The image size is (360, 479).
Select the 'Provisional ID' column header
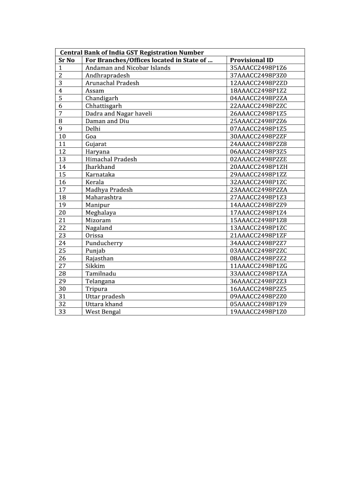pos(252,60)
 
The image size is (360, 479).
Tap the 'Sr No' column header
pos(67,60)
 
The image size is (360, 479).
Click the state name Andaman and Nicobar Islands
pos(128,68)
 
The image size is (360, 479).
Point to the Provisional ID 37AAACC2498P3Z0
pos(258,75)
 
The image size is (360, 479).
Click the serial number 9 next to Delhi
pos(61,129)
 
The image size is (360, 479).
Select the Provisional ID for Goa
pos(258,136)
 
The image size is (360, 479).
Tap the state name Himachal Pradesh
pos(111,159)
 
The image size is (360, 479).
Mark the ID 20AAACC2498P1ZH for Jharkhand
pos(259,167)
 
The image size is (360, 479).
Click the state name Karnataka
pos(100,174)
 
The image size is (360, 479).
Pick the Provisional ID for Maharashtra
pos(258,197)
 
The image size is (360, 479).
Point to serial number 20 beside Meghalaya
pos(63,212)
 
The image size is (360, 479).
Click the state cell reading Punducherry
pos(104,243)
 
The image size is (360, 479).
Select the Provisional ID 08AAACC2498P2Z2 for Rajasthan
pos(258,258)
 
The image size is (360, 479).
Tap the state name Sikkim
pos(95,266)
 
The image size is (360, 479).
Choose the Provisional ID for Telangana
pos(258,281)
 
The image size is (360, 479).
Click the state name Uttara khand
pos(104,304)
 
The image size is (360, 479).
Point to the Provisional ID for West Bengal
pos(258,312)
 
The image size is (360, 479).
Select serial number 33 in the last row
pos(63,312)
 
